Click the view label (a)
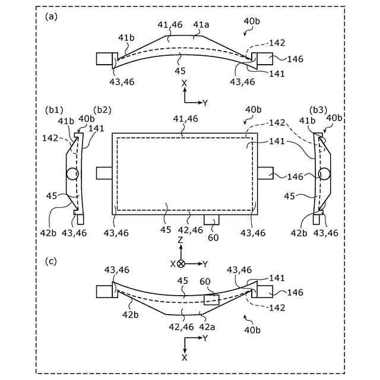(52, 17)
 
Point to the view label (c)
(52, 259)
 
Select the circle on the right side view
(324, 174)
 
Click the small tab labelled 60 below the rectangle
(211, 219)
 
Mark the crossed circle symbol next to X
(182, 263)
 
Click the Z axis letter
(180, 240)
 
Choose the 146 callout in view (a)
(295, 59)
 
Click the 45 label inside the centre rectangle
(169, 207)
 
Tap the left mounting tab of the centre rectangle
(104, 173)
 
